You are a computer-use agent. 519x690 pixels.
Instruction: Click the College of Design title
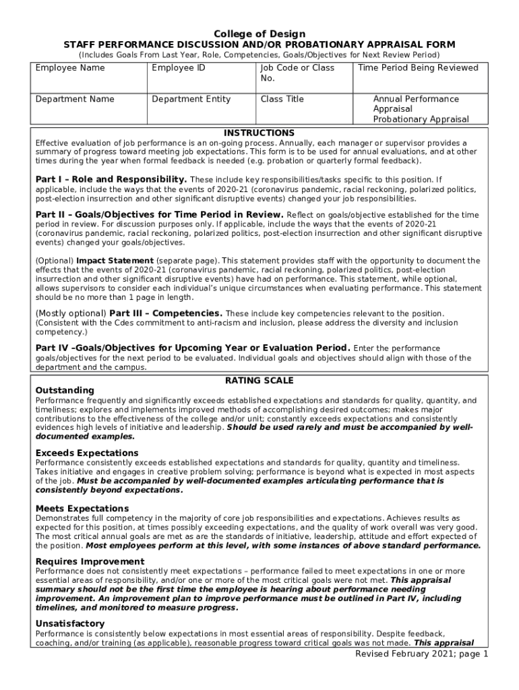point(259,34)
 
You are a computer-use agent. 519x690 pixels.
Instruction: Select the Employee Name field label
point(70,68)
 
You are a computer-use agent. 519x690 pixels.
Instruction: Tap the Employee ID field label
point(179,68)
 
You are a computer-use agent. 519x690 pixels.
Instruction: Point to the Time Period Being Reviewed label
point(418,68)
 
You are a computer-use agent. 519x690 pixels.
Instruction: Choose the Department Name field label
point(75,99)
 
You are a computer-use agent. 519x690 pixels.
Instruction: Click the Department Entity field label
point(191,99)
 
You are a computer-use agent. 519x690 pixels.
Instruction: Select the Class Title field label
point(282,99)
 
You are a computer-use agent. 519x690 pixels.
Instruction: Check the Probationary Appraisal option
point(421,119)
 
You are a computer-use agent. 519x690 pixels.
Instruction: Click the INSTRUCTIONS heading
point(259,133)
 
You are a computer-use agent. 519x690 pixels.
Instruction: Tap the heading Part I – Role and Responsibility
point(111,180)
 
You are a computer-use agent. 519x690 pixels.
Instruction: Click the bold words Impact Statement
point(115,261)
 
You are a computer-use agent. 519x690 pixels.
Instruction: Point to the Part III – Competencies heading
point(166,313)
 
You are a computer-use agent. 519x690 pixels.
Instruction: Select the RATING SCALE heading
point(259,381)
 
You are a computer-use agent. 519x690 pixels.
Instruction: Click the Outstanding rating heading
point(65,391)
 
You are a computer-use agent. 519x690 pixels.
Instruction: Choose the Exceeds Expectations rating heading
point(87,453)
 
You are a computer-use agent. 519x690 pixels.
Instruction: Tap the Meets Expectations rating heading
point(82,508)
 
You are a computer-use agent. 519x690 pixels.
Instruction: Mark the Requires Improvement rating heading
point(90,561)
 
